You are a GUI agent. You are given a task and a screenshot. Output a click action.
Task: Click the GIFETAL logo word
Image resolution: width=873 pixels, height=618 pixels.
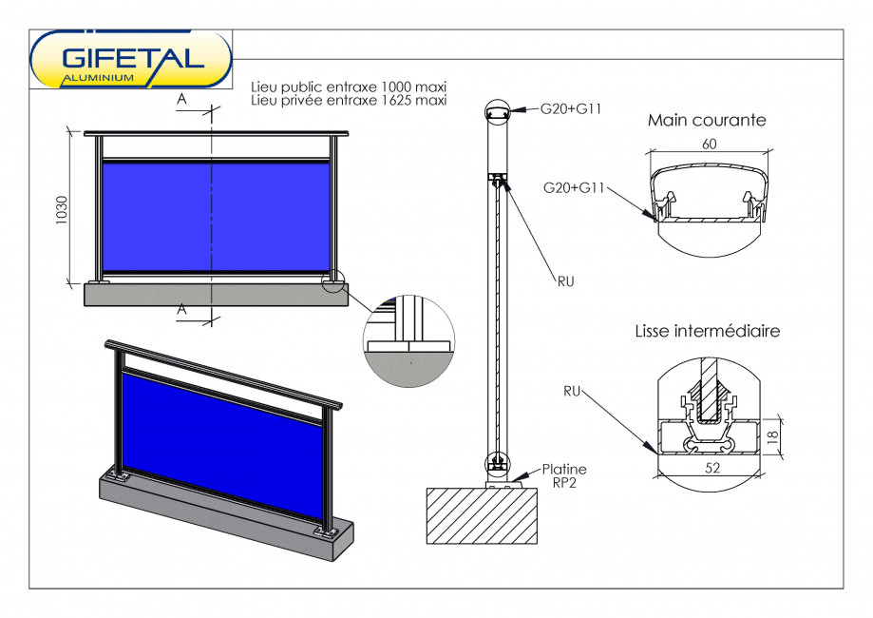pyautogui.click(x=133, y=56)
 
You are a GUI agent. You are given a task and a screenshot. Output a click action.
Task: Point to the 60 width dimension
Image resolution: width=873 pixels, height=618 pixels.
pyautogui.click(x=708, y=143)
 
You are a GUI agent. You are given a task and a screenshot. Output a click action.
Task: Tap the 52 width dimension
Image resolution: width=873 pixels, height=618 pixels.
pyautogui.click(x=708, y=468)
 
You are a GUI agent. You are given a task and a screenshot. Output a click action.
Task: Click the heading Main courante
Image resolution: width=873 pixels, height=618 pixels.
pyautogui.click(x=707, y=121)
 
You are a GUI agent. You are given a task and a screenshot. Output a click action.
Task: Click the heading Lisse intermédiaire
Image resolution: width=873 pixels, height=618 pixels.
pyautogui.click(x=707, y=331)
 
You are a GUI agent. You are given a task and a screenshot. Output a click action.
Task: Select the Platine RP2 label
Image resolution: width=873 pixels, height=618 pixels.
pyautogui.click(x=564, y=474)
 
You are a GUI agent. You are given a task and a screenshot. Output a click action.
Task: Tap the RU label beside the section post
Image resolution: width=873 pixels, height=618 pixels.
pyautogui.click(x=567, y=280)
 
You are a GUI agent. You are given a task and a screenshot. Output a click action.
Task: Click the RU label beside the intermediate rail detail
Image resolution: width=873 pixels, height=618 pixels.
pyautogui.click(x=572, y=390)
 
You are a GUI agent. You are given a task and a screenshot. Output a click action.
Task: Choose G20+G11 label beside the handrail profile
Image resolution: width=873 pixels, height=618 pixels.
pyautogui.click(x=575, y=187)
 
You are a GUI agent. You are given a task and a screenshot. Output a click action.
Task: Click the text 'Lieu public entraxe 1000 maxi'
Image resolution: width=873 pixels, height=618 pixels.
pyautogui.click(x=349, y=87)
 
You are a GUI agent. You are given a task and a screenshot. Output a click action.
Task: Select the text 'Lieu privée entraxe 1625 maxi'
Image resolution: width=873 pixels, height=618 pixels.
pyautogui.click(x=349, y=100)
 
